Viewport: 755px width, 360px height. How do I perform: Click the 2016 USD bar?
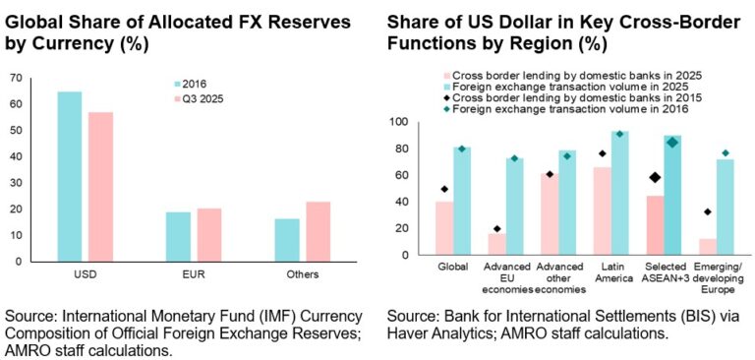pos(70,176)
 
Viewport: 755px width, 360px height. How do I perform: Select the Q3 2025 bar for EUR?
pos(209,235)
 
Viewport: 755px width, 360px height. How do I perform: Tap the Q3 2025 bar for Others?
pos(319,232)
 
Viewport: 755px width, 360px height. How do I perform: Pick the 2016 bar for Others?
pos(287,240)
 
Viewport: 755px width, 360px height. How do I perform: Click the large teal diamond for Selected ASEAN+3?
pos(672,143)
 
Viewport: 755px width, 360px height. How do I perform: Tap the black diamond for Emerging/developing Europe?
pos(707,212)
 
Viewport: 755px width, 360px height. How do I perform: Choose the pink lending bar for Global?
pos(444,228)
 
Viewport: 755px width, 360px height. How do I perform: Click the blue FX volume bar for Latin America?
pos(619,193)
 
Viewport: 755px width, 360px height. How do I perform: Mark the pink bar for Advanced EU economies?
pos(496,244)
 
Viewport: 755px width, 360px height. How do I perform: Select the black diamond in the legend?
pos(446,97)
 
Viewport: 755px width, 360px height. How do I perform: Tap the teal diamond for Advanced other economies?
pos(567,156)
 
